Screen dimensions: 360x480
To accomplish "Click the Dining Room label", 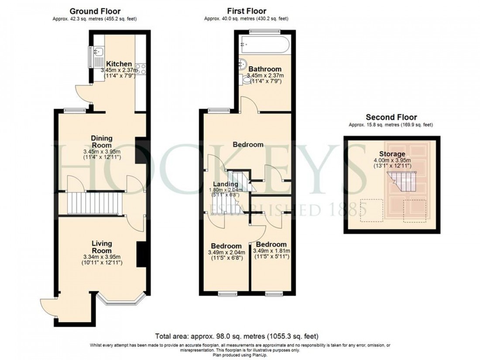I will click(101, 141).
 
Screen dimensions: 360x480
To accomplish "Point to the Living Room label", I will click(101, 247).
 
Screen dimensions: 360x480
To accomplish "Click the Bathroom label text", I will click(265, 69).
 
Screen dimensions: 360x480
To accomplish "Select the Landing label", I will click(225, 184).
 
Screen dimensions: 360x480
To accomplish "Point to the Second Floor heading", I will click(391, 117).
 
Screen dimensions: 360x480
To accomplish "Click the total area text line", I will click(237, 336).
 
